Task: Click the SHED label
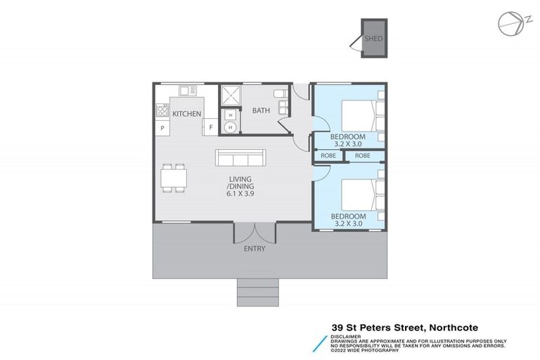pyautogui.click(x=373, y=39)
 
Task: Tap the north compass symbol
pyautogui.click(x=509, y=23)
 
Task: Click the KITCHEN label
pyautogui.click(x=186, y=114)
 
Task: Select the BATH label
pyautogui.click(x=261, y=110)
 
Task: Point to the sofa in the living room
pyautogui.click(x=241, y=157)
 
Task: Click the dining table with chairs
pyautogui.click(x=174, y=178)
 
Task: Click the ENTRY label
pyautogui.click(x=254, y=249)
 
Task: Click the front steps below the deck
pyautogui.click(x=257, y=292)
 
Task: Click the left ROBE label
pyautogui.click(x=328, y=155)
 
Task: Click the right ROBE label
pyautogui.click(x=362, y=155)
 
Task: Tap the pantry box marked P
pyautogui.click(x=162, y=128)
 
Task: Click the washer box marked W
pyautogui.click(x=230, y=114)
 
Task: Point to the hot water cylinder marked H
pyautogui.click(x=230, y=127)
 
